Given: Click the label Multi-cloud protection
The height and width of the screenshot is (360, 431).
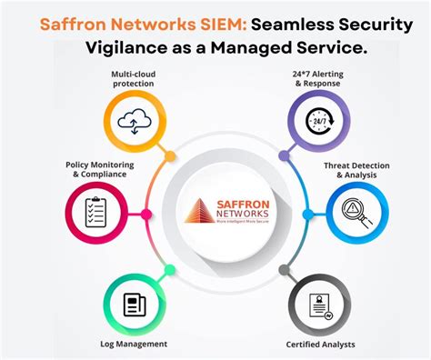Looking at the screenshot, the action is pos(133,77).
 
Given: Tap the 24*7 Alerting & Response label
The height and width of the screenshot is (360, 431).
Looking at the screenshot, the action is pos(321,77).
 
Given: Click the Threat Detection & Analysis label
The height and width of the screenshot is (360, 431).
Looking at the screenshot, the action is pos(356,170).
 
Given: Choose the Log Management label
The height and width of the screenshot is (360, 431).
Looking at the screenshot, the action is pos(134,344).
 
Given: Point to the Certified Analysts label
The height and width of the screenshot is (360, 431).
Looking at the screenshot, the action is pos(320,344).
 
